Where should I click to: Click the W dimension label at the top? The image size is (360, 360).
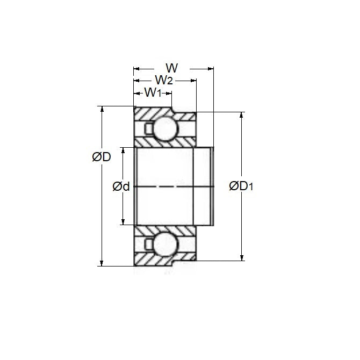point(171,68)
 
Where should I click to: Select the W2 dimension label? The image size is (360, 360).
point(163,81)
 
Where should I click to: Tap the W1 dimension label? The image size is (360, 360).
point(153,92)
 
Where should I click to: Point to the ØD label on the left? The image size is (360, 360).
point(102,157)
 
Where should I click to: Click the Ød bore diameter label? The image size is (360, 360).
point(121,186)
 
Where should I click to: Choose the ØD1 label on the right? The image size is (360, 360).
point(241,186)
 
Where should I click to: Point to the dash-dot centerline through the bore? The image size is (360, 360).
point(172,186)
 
